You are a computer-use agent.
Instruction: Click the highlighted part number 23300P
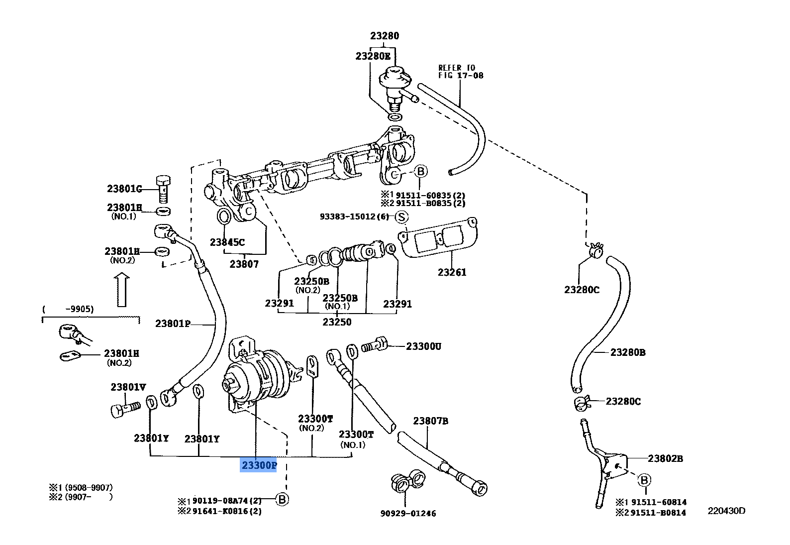coord(258,466)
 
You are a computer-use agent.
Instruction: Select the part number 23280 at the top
coord(384,36)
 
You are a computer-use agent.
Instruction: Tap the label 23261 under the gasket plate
coord(452,272)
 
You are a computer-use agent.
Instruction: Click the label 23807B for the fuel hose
coord(430,421)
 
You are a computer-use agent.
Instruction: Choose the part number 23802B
coord(665,458)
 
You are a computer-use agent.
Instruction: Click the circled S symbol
coord(401,217)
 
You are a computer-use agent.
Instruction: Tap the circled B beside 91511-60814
coord(644,480)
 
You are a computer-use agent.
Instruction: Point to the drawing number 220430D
coord(727,511)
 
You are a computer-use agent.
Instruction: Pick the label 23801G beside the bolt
coord(124,189)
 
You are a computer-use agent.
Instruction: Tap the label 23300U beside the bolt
coord(423,346)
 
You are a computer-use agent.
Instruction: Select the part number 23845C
coord(227,242)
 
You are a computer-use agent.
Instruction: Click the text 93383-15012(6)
coord(354,217)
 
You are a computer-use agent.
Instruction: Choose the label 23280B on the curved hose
coord(628,352)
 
